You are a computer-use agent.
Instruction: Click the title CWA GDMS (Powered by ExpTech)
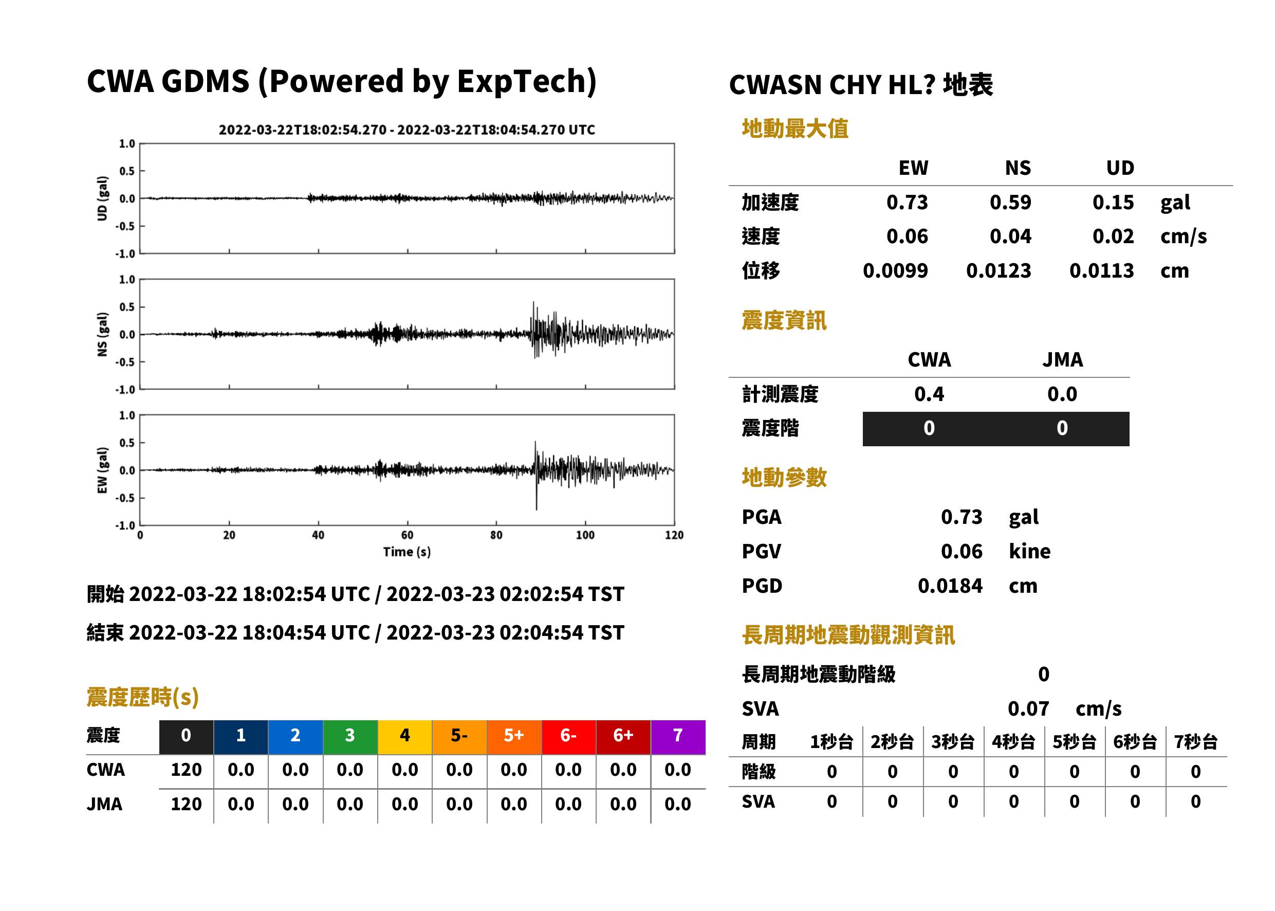tap(341, 82)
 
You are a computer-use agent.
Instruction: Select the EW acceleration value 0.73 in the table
tap(907, 203)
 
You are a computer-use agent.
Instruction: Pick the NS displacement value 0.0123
tap(998, 271)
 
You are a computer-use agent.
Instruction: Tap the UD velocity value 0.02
tap(1113, 236)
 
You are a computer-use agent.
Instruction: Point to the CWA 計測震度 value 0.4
tap(929, 394)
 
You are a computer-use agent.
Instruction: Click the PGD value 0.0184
tap(950, 586)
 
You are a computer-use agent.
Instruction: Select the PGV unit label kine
tap(1029, 552)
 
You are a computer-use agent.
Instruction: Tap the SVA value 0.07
tap(1028, 709)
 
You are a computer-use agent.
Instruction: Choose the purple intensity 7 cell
tap(678, 737)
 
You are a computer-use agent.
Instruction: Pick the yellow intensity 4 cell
tap(405, 737)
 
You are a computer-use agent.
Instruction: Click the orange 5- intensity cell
tap(459, 737)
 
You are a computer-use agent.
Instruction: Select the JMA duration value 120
tap(186, 805)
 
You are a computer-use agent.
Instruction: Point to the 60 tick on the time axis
tap(407, 535)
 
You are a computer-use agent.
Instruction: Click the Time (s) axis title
tap(407, 552)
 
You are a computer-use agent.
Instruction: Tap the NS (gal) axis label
tap(102, 334)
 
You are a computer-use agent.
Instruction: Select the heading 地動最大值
tap(795, 129)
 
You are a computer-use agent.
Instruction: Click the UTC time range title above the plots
tap(406, 130)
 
